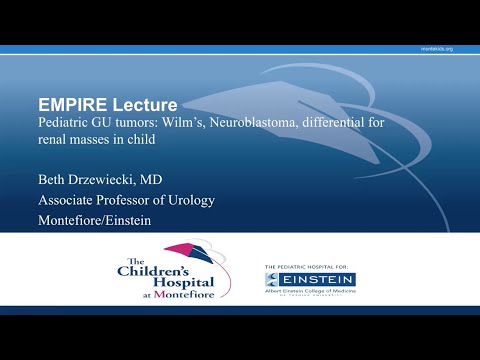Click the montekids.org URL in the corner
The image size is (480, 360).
coord(437,49)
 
